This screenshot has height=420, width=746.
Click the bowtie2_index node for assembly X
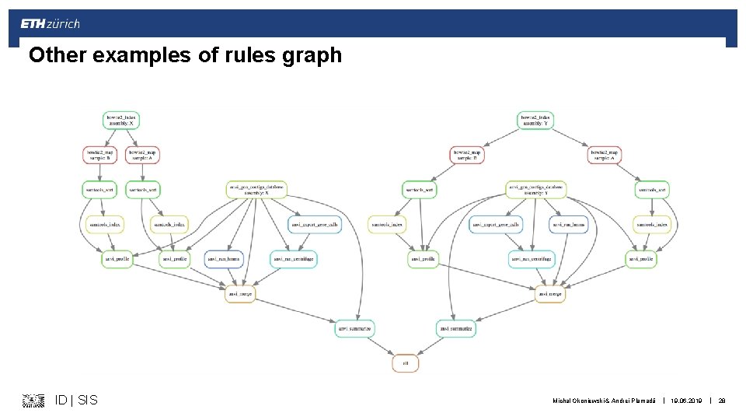pos(120,121)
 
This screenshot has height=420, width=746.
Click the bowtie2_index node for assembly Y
pos(535,121)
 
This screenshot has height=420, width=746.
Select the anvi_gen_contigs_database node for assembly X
pos(256,189)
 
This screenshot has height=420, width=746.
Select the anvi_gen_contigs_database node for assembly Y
pos(535,189)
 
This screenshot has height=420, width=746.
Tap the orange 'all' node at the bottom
pos(405,363)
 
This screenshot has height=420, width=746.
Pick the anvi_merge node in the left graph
pos(240,294)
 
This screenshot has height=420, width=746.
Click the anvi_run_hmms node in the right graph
pos(567,225)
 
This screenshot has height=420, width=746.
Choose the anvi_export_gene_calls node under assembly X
pos(315,225)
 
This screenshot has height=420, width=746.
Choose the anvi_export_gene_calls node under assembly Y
pos(496,225)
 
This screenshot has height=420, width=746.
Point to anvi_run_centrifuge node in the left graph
pos(294,259)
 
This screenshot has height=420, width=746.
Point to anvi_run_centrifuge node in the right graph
pos(532,259)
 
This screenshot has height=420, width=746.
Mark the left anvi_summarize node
pos(355,329)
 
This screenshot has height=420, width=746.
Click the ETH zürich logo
pos(50,24)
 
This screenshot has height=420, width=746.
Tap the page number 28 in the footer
pos(722,400)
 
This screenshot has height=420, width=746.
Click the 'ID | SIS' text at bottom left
pos(76,400)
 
